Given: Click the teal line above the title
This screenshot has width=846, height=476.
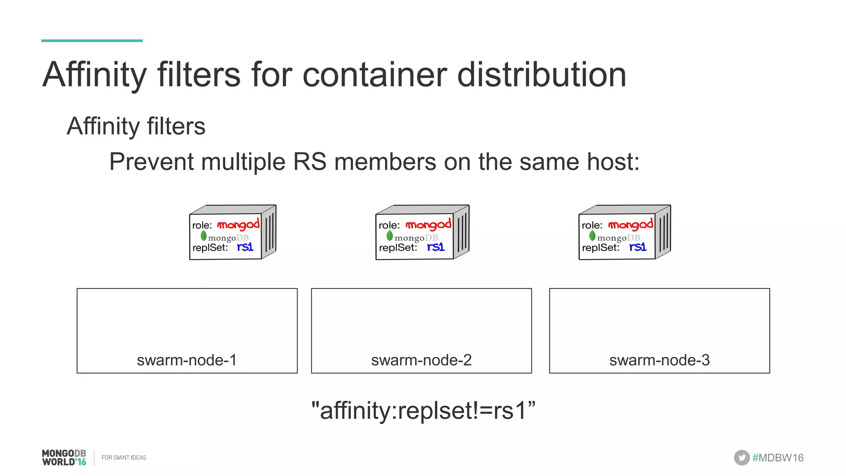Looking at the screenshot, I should (x=92, y=40).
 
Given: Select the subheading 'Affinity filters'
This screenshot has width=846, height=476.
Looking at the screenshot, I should (x=136, y=126).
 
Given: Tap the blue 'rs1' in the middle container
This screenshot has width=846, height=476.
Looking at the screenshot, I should (x=436, y=247).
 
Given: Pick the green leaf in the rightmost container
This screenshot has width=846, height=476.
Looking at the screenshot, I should (x=592, y=236).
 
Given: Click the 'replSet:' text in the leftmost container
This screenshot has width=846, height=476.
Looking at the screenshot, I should (x=210, y=248).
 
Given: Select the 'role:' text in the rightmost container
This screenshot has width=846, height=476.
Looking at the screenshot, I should (x=592, y=225).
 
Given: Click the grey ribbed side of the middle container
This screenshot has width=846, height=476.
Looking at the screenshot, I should (x=462, y=231).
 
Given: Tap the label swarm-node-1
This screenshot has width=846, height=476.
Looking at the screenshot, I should (x=187, y=360).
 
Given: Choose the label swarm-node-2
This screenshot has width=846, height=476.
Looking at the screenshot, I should (x=421, y=360).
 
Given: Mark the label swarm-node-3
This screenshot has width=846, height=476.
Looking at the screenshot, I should (x=659, y=360).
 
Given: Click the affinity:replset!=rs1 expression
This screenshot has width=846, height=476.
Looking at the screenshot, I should (x=423, y=410).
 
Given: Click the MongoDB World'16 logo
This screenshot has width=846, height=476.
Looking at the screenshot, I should (x=64, y=457).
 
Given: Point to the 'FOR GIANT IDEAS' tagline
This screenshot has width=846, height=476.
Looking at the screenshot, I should (x=124, y=457).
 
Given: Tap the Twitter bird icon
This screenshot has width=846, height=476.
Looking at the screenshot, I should (x=741, y=457).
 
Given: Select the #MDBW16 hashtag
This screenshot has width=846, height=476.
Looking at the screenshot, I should (x=778, y=457).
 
